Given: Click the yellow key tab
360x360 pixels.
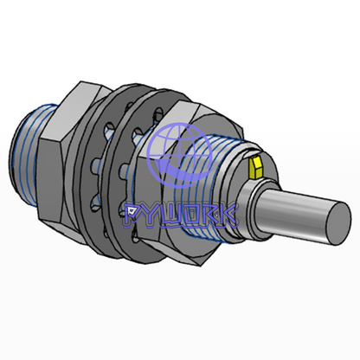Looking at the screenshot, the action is coord(256,167).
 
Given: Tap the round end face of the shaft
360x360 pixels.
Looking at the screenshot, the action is coord(340,223).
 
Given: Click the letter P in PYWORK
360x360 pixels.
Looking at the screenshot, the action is coord(133,215).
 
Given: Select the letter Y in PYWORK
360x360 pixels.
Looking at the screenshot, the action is coord(153,215).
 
